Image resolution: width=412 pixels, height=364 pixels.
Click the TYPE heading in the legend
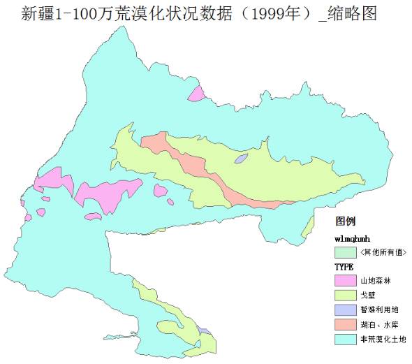tap(344, 267)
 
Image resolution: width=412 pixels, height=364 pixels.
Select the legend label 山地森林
tap(374, 280)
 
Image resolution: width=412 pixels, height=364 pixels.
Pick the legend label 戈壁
tap(367, 295)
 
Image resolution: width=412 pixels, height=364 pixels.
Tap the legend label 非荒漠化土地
tap(382, 339)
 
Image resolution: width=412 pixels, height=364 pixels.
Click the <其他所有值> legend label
tap(383, 252)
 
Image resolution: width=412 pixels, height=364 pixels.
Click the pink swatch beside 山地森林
tap(344, 280)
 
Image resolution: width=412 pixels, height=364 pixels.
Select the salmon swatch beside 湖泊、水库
tap(344, 324)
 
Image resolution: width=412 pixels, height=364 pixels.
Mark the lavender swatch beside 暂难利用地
tap(344, 310)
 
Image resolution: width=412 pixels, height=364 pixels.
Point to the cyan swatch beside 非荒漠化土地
tap(344, 339)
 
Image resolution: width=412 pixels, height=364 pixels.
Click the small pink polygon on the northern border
tap(197, 94)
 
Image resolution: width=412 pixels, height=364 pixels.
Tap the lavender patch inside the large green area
tap(241, 159)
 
